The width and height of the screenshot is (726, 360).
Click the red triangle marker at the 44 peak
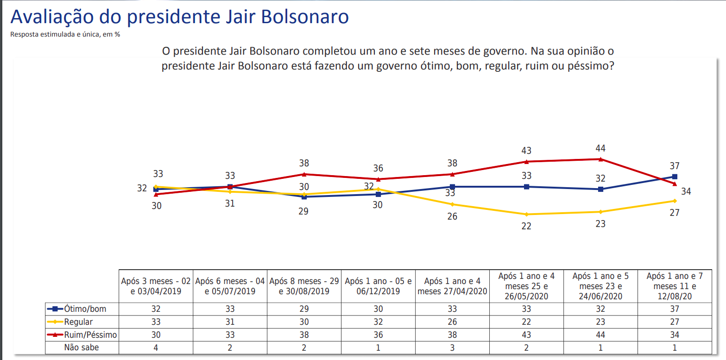[x=600, y=159]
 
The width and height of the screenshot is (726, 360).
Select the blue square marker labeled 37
[x=675, y=177]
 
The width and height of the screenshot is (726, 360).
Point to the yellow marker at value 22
[x=526, y=214]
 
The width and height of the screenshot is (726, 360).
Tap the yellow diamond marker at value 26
[x=452, y=204]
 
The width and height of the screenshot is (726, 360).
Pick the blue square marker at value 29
[x=304, y=196]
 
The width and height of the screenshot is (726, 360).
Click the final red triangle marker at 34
[x=675, y=184]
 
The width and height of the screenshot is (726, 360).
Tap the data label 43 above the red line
[x=526, y=151]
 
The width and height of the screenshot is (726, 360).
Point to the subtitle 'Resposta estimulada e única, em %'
[x=65, y=34]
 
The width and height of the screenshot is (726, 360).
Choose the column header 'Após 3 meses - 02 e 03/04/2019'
[x=156, y=286]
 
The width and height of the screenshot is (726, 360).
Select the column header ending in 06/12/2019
[x=378, y=286]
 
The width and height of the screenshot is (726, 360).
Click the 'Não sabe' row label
[x=82, y=347]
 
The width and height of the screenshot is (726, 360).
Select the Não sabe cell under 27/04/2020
[x=452, y=347]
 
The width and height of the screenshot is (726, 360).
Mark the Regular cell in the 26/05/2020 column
[x=526, y=322]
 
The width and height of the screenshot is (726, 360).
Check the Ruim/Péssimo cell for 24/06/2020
[x=600, y=335]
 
